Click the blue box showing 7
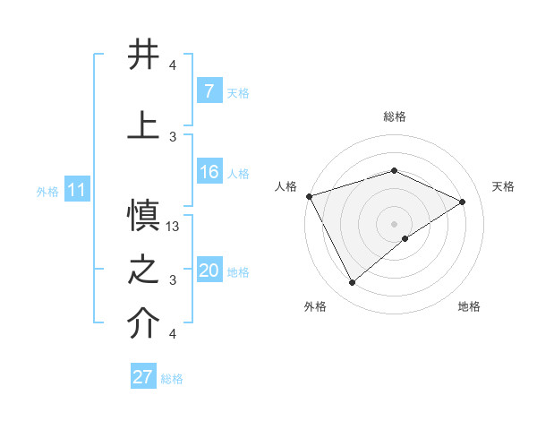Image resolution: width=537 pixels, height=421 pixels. click(209, 92)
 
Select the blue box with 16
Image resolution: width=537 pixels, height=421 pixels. click(209, 173)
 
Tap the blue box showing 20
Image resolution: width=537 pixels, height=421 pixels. click(209, 271)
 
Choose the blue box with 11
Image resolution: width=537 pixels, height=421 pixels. click(77, 191)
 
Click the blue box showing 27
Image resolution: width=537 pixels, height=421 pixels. click(143, 377)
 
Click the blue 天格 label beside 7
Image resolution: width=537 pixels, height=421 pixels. click(238, 93)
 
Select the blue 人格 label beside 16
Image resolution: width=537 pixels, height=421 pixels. click(238, 174)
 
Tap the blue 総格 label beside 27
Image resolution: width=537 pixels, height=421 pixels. click(172, 378)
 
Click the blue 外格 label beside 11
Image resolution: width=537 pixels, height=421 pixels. click(47, 192)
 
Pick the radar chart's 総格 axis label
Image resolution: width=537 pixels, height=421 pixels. click(394, 116)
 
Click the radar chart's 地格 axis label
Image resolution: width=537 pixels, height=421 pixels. click(469, 306)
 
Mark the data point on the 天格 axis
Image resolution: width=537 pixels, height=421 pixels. click(463, 202)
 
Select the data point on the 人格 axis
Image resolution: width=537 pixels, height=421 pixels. click(309, 196)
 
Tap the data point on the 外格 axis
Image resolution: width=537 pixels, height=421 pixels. click(352, 283)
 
